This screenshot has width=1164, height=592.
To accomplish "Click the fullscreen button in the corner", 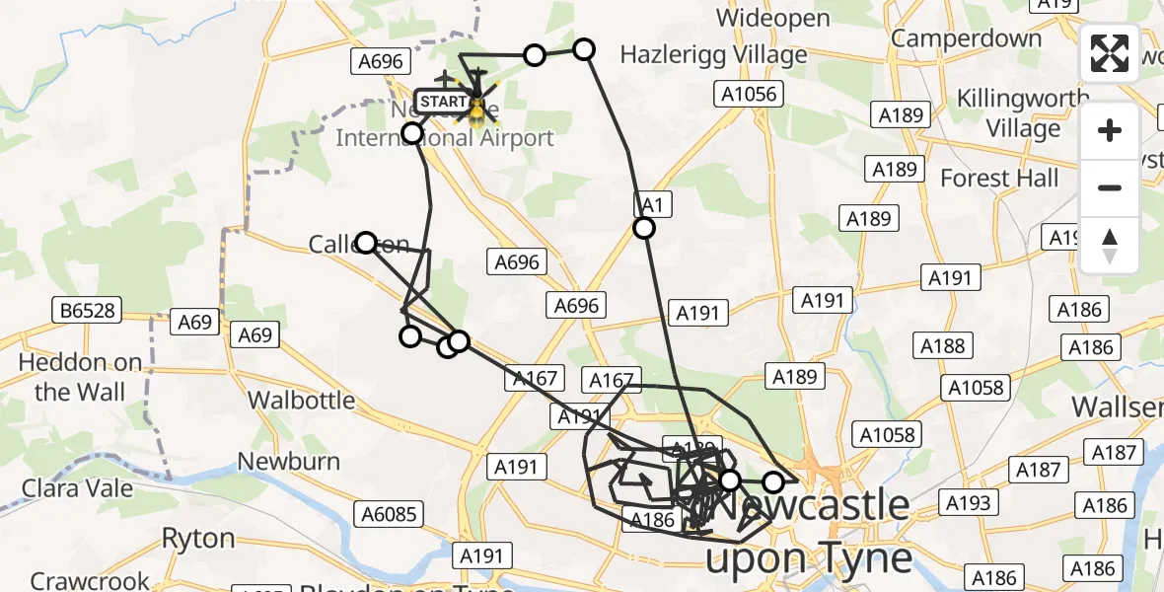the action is (x=1110, y=53).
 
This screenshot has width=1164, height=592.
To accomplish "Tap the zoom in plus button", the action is (x=1110, y=131).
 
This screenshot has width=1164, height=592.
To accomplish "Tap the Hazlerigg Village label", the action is (x=713, y=55).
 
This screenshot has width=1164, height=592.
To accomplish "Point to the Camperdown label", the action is (x=966, y=38).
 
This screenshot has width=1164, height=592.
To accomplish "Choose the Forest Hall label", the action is (x=999, y=179).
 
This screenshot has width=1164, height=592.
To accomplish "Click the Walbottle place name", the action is (x=301, y=401).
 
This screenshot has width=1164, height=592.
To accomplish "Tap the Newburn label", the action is (x=289, y=462).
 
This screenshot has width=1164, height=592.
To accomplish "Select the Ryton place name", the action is (x=198, y=539).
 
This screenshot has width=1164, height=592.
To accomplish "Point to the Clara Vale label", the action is (x=71, y=487).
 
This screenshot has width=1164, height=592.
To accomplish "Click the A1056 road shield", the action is (x=748, y=95).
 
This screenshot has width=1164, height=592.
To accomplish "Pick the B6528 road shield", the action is (x=88, y=312).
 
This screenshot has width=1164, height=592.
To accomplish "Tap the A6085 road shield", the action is (x=392, y=514).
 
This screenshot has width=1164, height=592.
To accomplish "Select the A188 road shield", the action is (x=942, y=345).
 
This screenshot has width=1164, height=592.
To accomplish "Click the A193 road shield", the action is (x=967, y=503).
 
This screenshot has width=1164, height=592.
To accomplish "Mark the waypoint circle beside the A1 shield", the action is (x=644, y=229).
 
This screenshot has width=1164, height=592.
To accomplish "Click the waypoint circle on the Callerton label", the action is (x=366, y=243).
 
